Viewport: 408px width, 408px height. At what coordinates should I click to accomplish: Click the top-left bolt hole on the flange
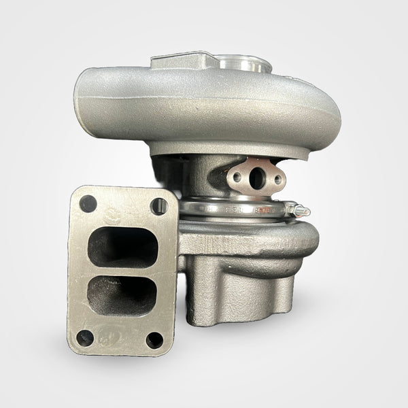88,203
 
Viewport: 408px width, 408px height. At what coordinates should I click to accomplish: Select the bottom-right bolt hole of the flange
154,339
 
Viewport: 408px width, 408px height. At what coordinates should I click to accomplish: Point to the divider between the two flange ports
123,271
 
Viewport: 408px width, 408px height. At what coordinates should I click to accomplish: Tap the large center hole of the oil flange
256,178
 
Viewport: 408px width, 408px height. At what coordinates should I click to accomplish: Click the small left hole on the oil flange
237,177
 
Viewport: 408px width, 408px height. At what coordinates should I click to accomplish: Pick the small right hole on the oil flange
277,181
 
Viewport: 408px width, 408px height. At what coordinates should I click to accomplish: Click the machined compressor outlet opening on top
245,65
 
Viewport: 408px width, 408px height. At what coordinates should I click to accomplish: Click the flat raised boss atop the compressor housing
180,61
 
